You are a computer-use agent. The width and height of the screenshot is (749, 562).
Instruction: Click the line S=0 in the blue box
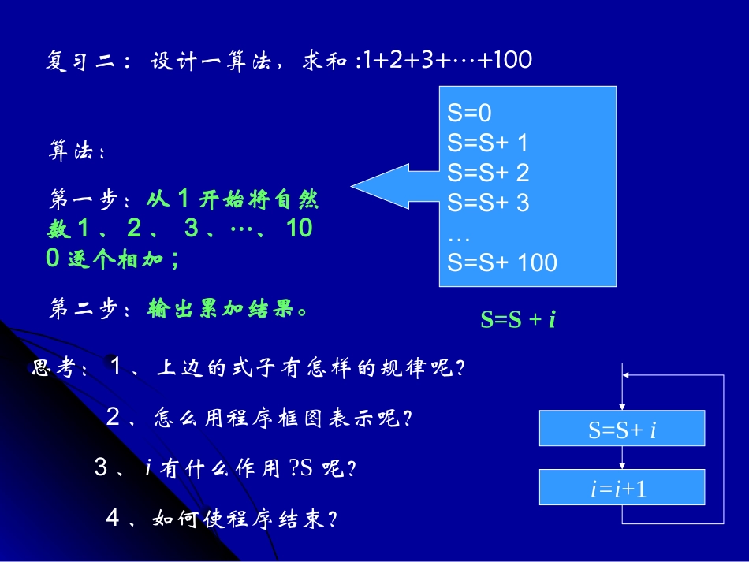[x=469, y=114]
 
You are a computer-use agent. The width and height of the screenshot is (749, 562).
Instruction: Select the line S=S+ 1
[x=487, y=143]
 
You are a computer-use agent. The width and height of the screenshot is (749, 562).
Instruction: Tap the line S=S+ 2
[x=488, y=173]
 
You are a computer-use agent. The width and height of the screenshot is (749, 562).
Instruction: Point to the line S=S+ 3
[x=488, y=203]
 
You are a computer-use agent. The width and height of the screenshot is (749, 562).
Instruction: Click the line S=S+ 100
[x=502, y=262]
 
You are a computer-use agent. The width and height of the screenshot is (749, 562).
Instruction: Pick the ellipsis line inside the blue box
[x=458, y=233]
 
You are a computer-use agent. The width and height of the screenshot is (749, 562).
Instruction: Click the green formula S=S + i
[x=518, y=319]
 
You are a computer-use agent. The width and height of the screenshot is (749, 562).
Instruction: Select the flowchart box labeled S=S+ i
[x=622, y=429]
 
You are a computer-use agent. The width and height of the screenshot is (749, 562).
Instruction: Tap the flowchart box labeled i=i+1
[x=622, y=488]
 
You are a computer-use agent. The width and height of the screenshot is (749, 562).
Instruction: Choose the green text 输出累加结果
[x=225, y=309]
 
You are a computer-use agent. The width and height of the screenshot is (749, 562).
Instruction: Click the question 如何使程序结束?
[x=244, y=519]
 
